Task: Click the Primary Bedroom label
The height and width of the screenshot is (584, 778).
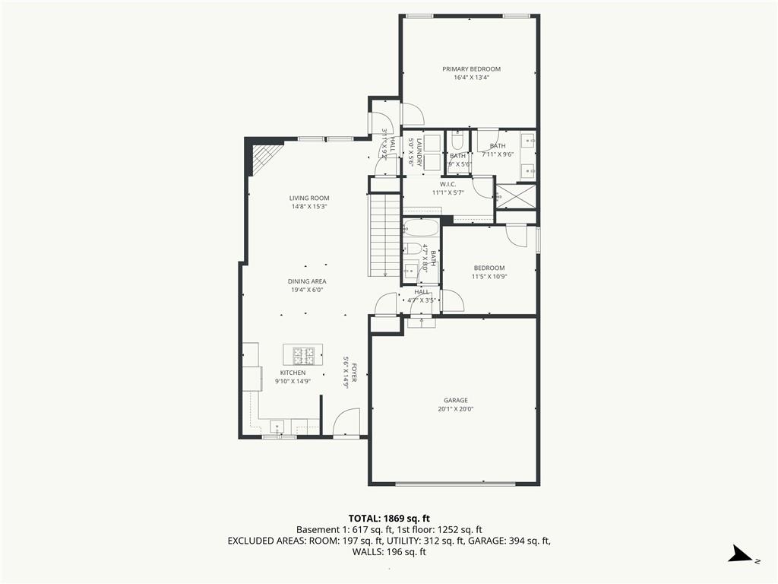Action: coord(471,69)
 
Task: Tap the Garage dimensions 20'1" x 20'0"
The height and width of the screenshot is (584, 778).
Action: coord(456,409)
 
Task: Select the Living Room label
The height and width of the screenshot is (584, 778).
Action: coord(308,198)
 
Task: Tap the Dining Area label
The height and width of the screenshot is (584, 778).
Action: coord(307,281)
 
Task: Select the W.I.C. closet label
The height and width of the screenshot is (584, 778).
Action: coord(448,184)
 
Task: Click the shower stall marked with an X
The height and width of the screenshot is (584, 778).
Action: coord(516,196)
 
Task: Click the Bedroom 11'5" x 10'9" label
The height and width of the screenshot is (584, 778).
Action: coord(489,268)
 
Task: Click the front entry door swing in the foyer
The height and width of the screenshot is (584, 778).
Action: coord(346,422)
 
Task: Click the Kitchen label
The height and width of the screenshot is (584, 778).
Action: coord(293,373)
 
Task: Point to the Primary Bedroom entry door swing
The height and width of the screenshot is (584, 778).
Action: coord(412,114)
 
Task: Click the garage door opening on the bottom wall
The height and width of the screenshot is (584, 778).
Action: coord(454,483)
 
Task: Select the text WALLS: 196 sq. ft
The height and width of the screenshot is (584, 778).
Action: coord(389,552)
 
